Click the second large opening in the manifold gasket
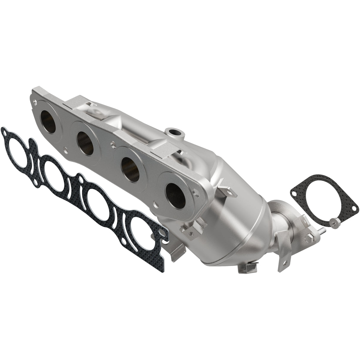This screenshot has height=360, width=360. coord(58,177)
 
